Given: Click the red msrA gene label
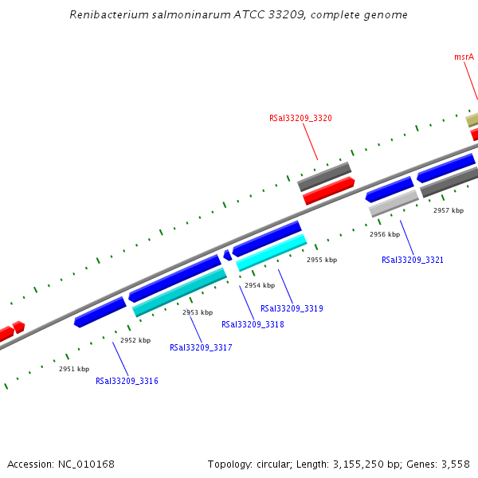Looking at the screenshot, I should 464,57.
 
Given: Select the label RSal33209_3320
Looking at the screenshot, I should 300,118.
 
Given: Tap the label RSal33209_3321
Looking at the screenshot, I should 413,261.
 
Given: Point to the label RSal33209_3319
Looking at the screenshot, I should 292,308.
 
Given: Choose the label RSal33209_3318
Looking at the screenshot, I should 253,324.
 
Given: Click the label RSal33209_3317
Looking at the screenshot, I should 201,347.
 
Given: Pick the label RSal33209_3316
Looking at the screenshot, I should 127,381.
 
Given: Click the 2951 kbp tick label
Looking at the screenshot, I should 74,369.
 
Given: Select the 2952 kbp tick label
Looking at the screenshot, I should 135,340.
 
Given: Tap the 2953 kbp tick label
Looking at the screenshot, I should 198,312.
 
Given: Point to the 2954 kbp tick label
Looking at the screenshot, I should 260,285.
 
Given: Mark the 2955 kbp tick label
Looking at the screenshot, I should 322,260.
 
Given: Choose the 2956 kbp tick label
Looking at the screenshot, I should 384,234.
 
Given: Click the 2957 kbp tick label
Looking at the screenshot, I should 449,210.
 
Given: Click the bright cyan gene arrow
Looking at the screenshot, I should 272,252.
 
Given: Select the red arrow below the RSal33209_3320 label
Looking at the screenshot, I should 328,190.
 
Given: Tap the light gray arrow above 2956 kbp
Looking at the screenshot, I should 394,202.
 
